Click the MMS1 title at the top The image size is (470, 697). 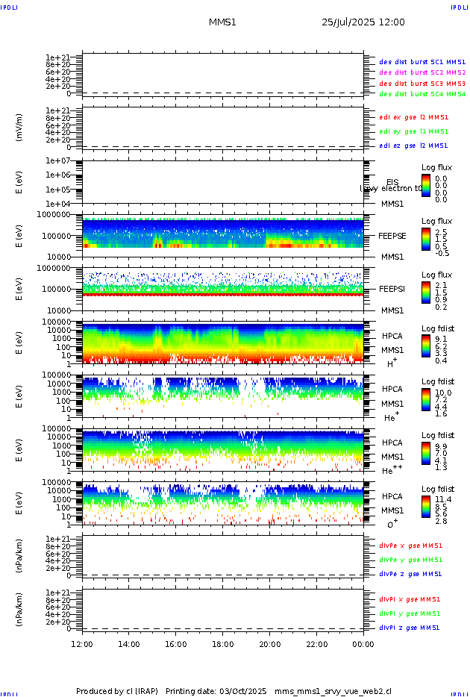pyautogui.click(x=222, y=22)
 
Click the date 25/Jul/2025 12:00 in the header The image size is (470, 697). pyautogui.click(x=363, y=22)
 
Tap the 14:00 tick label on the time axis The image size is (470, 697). pyautogui.click(x=129, y=644)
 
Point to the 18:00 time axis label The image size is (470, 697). pyautogui.click(x=223, y=644)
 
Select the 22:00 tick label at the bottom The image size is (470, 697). pyautogui.click(x=317, y=644)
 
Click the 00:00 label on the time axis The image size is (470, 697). pyautogui.click(x=363, y=644)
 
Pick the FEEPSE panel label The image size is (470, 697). pyautogui.click(x=392, y=235)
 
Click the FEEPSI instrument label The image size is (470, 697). pyautogui.click(x=392, y=288)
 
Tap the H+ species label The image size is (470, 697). pyautogui.click(x=392, y=363)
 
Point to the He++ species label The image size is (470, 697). pyautogui.click(x=392, y=470)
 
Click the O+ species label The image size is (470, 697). pyautogui.click(x=392, y=524)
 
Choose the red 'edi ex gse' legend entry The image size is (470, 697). pyautogui.click(x=414, y=117)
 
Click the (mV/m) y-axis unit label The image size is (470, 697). pyautogui.click(x=19, y=128)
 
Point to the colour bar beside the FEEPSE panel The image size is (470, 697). pyautogui.click(x=425, y=240)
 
